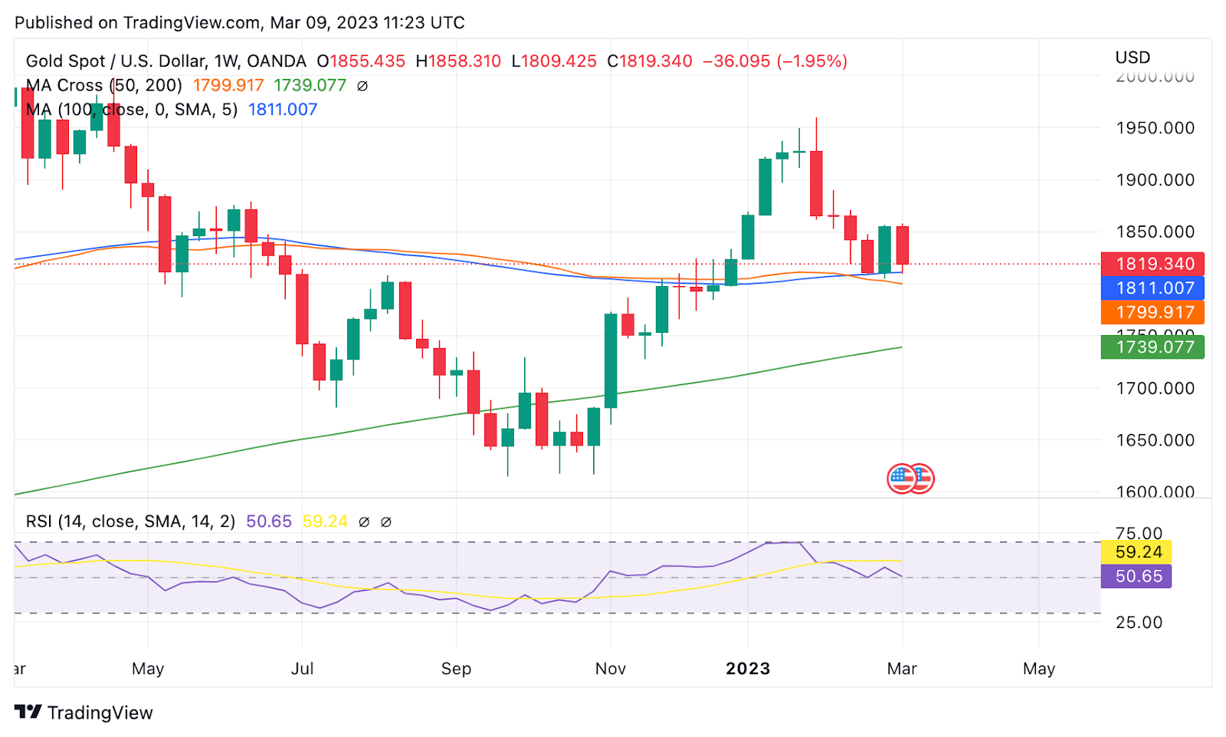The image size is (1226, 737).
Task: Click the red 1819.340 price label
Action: [x=1152, y=264]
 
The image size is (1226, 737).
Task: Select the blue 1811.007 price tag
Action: [x=1152, y=288]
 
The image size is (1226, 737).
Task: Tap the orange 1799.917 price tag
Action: [x=1152, y=312]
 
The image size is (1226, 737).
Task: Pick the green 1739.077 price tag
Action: [x=1152, y=347]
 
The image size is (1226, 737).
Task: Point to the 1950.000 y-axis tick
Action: [x=1155, y=128]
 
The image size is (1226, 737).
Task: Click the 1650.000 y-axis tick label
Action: [x=1155, y=440]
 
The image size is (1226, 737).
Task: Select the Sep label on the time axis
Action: [x=456, y=669]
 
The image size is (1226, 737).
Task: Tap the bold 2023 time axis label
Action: [x=748, y=669]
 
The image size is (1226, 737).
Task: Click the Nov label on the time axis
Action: [x=611, y=669]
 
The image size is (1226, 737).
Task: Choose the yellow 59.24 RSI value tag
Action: [x=1137, y=552]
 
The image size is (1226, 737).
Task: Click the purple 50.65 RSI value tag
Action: [x=1137, y=577]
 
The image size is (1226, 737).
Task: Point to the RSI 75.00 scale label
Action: [x=1139, y=533]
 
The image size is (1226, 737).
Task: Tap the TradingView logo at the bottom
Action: [x=84, y=712]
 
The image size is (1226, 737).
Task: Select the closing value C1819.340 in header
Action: [x=650, y=61]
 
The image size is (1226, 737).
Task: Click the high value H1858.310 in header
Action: [x=458, y=61]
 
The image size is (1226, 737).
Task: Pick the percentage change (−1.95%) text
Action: [x=812, y=61]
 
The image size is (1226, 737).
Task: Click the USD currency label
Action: [x=1133, y=58]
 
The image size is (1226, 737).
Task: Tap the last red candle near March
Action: [x=902, y=245]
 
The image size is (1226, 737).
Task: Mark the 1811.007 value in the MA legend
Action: [x=283, y=110]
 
